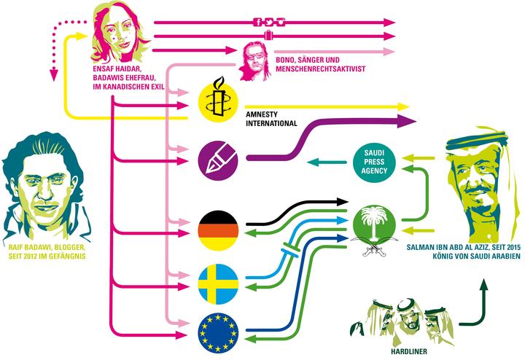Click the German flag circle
[219, 230]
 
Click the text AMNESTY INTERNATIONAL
[272, 119]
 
